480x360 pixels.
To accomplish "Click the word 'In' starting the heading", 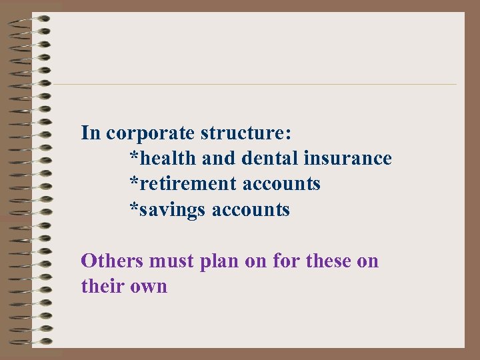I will click(x=91, y=133).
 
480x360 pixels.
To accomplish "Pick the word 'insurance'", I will click(x=347, y=159).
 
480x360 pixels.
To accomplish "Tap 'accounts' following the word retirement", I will click(x=281, y=184).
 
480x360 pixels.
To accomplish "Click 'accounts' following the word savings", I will click(x=251, y=210).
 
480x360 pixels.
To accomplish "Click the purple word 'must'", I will click(x=173, y=261).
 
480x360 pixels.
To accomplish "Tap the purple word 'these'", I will click(x=329, y=261).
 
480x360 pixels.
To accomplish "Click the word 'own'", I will click(x=151, y=287).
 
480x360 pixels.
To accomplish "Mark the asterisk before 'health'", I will click(x=134, y=157).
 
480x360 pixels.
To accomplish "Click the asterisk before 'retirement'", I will click(x=134, y=182).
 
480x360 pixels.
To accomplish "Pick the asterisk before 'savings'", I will click(x=134, y=208).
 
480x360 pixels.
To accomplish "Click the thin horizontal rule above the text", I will click(x=253, y=84).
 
